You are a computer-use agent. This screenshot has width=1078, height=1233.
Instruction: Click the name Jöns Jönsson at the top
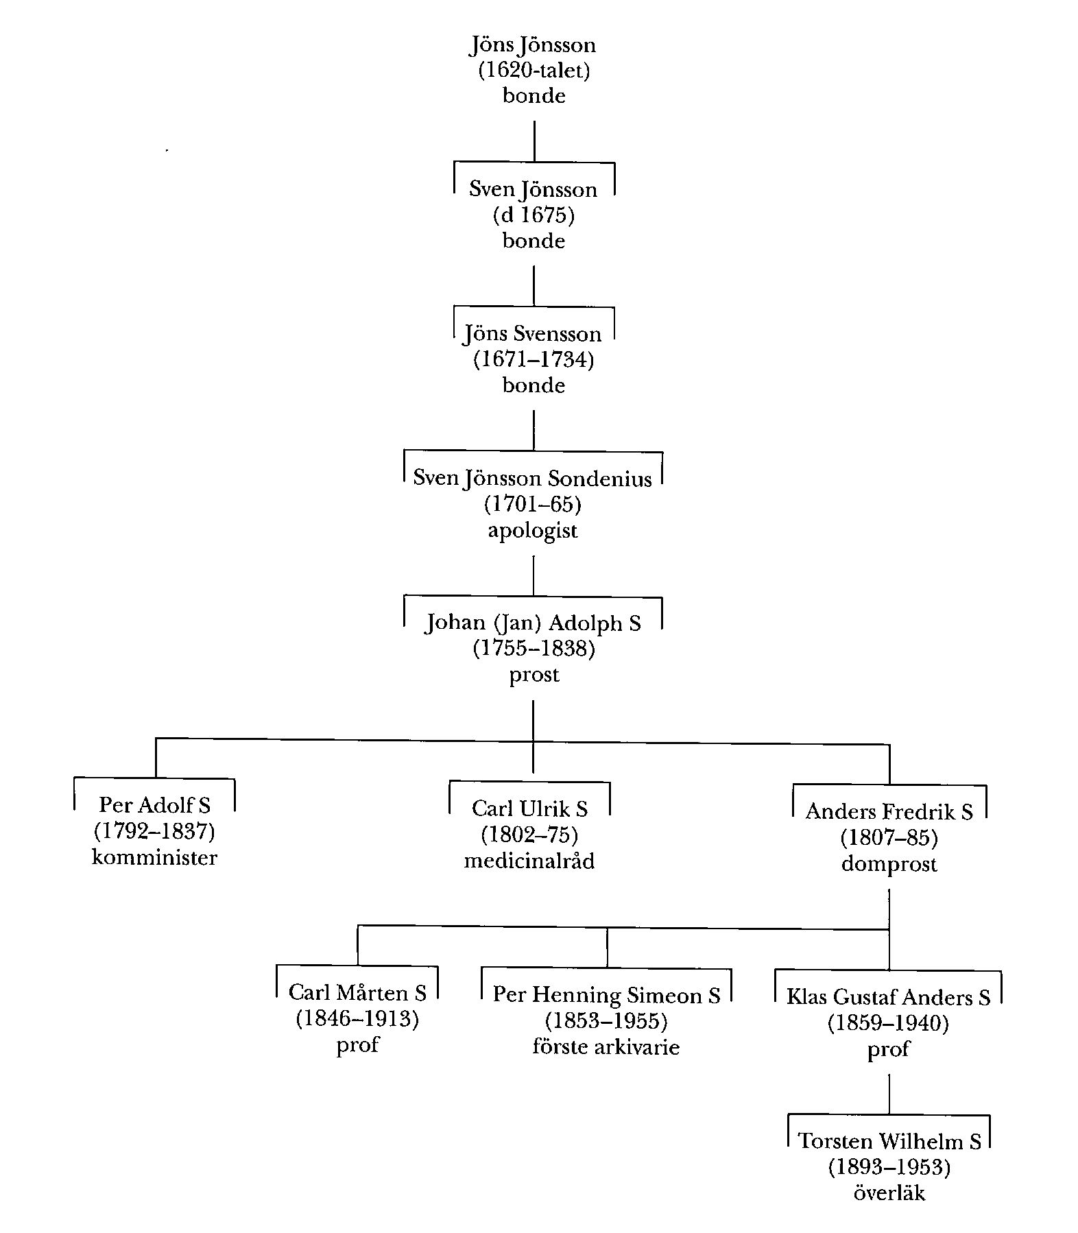(x=533, y=45)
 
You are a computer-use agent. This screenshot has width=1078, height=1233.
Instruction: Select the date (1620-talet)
(x=534, y=70)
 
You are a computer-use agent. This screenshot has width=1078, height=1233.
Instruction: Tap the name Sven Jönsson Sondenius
(x=533, y=478)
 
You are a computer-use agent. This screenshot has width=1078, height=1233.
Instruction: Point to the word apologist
(x=533, y=530)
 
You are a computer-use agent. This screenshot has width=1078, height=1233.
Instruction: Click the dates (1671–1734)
(x=533, y=359)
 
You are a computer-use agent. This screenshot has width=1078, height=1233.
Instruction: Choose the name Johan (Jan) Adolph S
(x=533, y=623)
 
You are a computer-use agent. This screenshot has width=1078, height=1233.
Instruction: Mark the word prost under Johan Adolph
(x=534, y=675)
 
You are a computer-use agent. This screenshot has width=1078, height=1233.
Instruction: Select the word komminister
(x=154, y=857)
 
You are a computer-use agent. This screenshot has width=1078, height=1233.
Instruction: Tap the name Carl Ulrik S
(x=529, y=809)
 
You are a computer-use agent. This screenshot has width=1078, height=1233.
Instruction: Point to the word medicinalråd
(x=529, y=861)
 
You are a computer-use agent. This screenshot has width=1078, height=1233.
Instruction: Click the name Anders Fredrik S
(x=889, y=812)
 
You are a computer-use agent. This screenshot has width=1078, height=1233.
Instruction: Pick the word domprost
(x=889, y=864)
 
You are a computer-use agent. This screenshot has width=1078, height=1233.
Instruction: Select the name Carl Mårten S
(x=357, y=992)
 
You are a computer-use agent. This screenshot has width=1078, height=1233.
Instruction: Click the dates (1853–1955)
(x=606, y=1021)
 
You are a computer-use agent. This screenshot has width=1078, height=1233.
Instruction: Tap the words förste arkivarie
(x=606, y=1047)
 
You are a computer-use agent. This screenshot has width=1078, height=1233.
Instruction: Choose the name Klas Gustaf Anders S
(x=888, y=997)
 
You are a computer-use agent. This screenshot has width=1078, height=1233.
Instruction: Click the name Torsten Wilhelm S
(x=889, y=1141)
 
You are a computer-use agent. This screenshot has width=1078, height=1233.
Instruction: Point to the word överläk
(x=889, y=1193)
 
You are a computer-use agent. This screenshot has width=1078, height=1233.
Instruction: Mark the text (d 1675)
(x=534, y=215)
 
